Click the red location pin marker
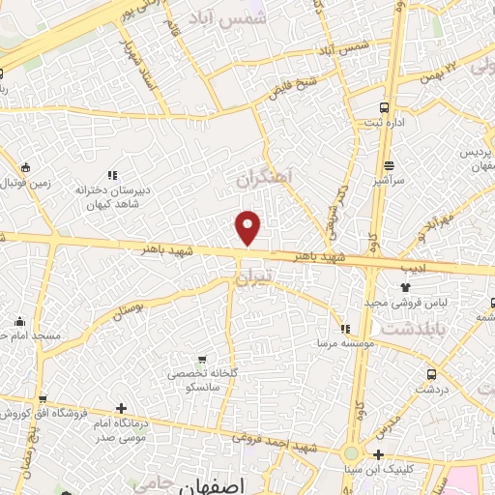click(249, 228)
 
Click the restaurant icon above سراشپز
click(389, 165)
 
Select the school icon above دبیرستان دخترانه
click(112, 175)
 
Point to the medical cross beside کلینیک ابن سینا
click(378, 454)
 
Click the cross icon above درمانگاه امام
click(120, 408)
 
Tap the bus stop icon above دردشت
click(431, 372)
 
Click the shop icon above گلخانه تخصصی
click(201, 358)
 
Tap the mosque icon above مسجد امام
click(19, 321)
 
